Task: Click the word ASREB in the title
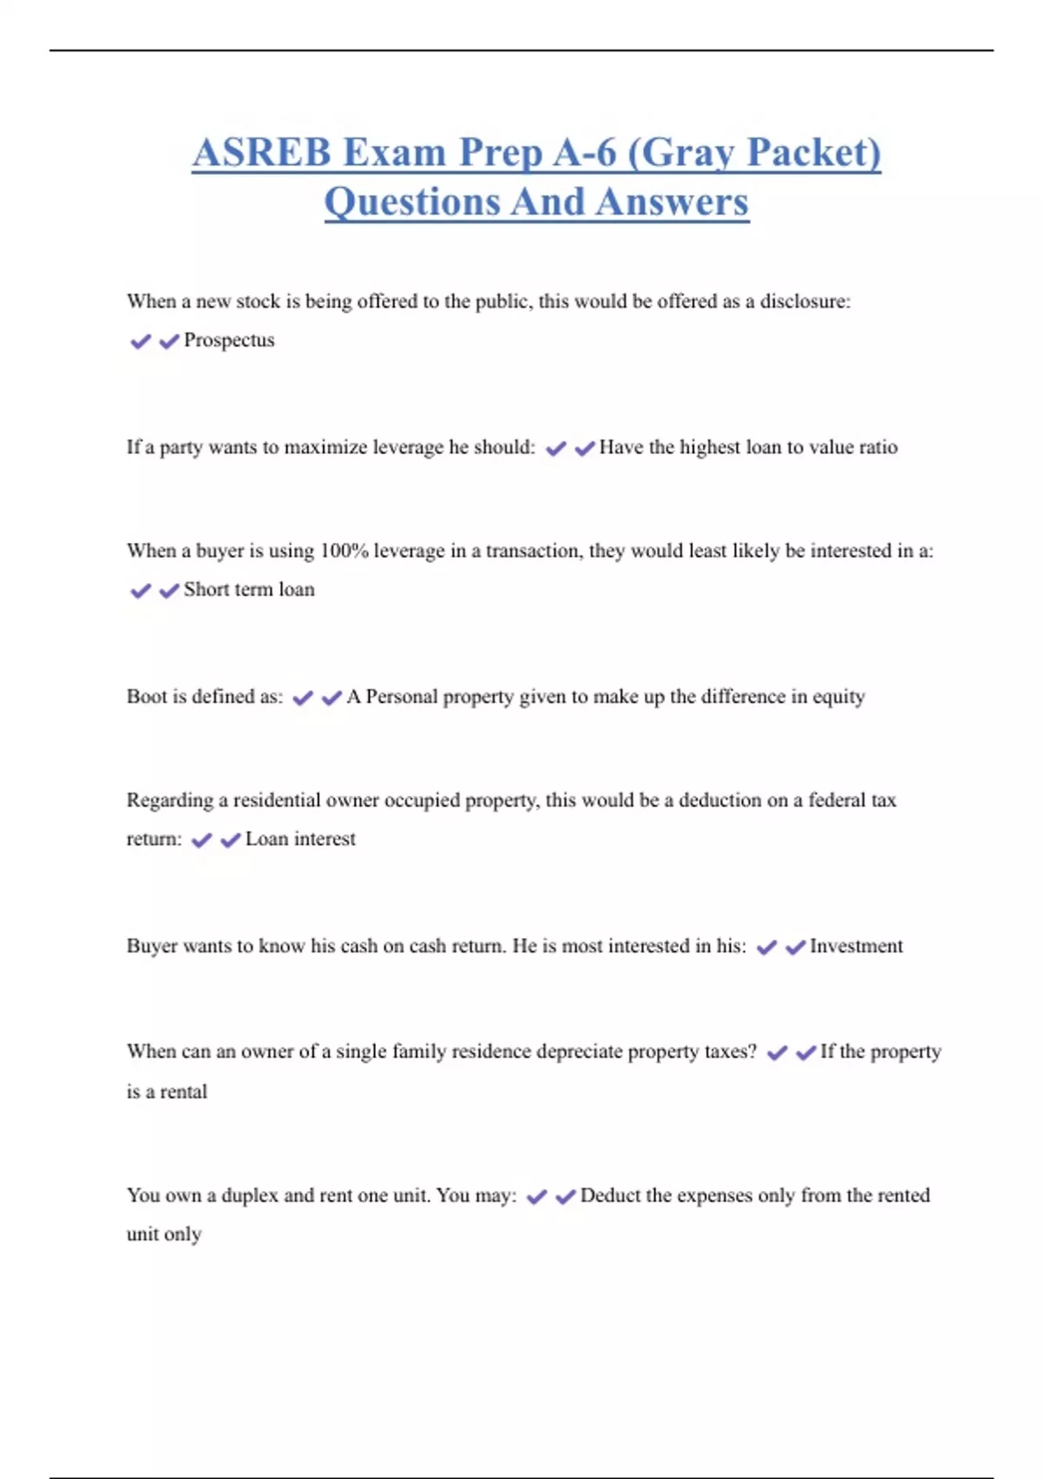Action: tap(262, 152)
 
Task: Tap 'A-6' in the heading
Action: tap(585, 152)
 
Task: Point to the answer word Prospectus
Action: tap(229, 340)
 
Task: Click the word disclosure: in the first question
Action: tap(805, 301)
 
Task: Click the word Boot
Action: tap(146, 697)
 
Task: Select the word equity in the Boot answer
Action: tap(839, 697)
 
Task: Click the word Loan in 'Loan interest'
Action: tap(266, 840)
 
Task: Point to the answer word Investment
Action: tap(856, 947)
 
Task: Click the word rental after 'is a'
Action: tap(184, 1092)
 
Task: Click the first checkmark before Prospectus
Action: tap(140, 341)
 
